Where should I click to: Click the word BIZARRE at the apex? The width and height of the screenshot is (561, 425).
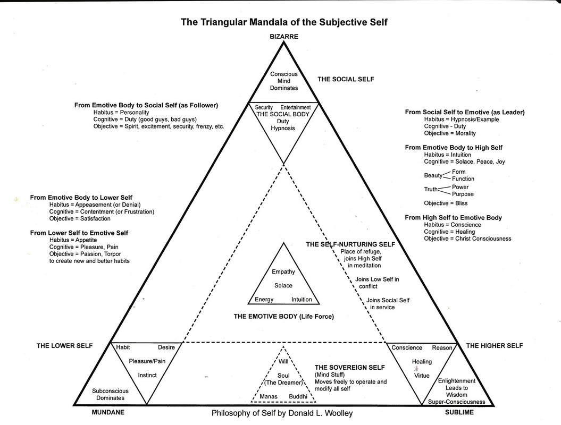[x=283, y=37]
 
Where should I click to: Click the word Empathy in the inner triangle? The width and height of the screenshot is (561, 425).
[x=283, y=272]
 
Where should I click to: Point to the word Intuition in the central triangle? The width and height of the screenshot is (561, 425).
[x=302, y=300]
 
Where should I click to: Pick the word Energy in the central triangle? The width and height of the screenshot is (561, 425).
[x=264, y=300]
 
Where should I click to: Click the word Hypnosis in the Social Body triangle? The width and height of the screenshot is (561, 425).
[x=283, y=129]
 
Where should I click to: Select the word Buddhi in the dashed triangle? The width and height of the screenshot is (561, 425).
[x=298, y=397]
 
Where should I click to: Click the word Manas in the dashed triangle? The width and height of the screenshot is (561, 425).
[x=269, y=397]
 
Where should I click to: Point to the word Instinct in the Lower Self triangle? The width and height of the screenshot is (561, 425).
[x=147, y=375]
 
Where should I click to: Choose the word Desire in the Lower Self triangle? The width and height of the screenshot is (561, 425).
[x=166, y=348]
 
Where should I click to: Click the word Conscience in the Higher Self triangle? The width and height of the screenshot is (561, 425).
[x=407, y=348]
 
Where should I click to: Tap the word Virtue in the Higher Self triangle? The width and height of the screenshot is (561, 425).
[x=422, y=376]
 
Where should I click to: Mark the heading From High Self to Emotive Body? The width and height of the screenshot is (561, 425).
[x=453, y=218]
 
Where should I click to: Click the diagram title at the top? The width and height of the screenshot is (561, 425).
[x=281, y=22]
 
